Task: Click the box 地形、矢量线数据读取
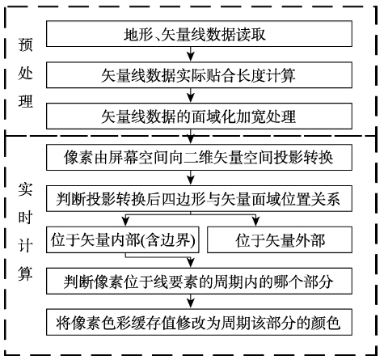point(199,34)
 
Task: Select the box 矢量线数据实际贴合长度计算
point(199,75)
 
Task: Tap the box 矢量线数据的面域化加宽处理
point(199,116)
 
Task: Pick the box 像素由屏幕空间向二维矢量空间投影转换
point(199,157)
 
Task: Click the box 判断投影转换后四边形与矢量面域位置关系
point(199,198)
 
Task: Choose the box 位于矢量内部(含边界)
point(123,239)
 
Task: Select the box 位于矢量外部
point(280,239)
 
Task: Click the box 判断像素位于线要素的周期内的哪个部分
point(199,281)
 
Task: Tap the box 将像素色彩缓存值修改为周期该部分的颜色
point(199,322)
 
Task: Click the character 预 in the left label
point(25,44)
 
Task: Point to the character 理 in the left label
point(25,102)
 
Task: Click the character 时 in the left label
point(25,218)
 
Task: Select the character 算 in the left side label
point(25,273)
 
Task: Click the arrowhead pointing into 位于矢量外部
point(255,222)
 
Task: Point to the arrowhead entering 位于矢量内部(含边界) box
point(125,222)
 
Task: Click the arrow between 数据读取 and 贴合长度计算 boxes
point(191,54)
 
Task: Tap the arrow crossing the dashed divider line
point(191,137)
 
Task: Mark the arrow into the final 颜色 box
point(191,302)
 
